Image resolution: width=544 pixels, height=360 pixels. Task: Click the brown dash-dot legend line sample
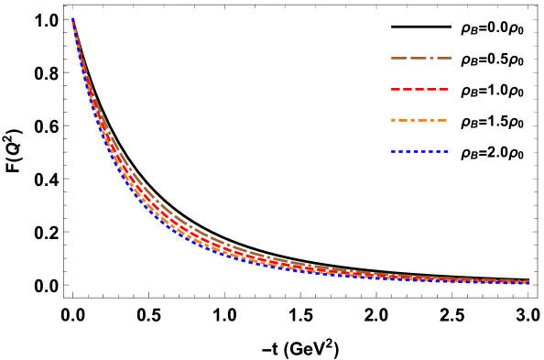pyautogui.click(x=420, y=58)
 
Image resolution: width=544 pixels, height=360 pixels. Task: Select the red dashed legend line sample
pyautogui.click(x=420, y=89)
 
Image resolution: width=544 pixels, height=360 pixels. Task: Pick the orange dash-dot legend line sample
pyautogui.click(x=419, y=120)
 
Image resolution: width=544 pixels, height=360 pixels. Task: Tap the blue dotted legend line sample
pyautogui.click(x=420, y=151)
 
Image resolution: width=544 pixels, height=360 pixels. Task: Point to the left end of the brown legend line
pyautogui.click(x=392, y=58)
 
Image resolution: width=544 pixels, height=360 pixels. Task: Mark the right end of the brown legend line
pyautogui.click(x=451, y=58)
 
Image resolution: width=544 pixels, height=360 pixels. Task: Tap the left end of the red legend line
pyautogui.click(x=392, y=89)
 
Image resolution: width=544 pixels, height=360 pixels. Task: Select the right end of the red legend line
pyautogui.click(x=449, y=89)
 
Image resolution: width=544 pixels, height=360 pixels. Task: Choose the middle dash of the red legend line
pyautogui.click(x=420, y=89)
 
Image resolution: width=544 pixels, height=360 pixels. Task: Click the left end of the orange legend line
pyautogui.click(x=392, y=120)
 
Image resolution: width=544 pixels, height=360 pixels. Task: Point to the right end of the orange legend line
pyautogui.click(x=447, y=120)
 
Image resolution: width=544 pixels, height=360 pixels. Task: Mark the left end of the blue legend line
pyautogui.click(x=392, y=151)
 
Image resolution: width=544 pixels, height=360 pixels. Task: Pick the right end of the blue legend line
pyautogui.click(x=449, y=151)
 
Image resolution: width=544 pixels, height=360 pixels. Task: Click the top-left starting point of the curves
pyautogui.click(x=73, y=19)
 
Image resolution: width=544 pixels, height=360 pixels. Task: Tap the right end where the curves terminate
pyautogui.click(x=528, y=282)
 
